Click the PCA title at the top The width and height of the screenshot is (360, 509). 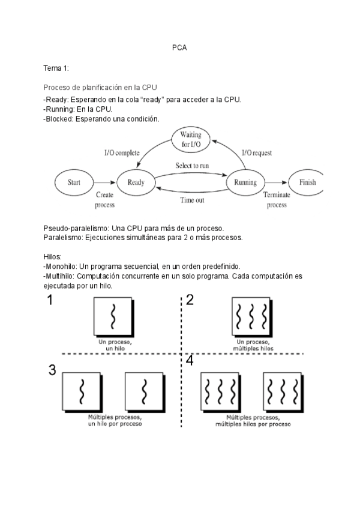coord(179,47)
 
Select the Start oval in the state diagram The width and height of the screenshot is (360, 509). coord(74,182)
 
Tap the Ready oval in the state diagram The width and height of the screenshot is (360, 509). coord(136,182)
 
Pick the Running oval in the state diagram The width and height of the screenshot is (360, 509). coord(245,182)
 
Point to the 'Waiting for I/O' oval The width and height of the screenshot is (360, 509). coord(191,140)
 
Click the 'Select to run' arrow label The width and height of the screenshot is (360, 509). coord(192,165)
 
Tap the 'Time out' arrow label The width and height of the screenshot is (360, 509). coord(192,200)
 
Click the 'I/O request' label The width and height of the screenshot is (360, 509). coord(257,154)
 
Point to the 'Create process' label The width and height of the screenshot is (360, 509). coord(105,200)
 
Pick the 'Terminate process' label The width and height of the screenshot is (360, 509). coord(277,200)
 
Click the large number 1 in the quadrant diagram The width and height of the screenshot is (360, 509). coord(51,301)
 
